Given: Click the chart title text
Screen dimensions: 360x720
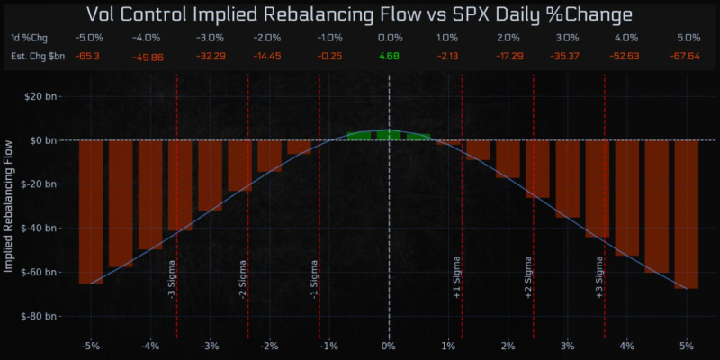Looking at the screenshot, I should (x=360, y=14).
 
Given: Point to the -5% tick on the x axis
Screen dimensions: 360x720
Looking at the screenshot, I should (x=91, y=346).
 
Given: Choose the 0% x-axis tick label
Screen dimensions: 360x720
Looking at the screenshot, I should (x=389, y=346).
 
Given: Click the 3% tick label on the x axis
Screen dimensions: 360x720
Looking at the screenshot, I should (x=567, y=346).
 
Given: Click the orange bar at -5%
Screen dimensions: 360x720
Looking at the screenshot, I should (x=91, y=211).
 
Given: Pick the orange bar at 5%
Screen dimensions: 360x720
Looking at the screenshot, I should (x=687, y=214).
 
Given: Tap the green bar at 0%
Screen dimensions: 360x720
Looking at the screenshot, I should (x=389, y=135).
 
